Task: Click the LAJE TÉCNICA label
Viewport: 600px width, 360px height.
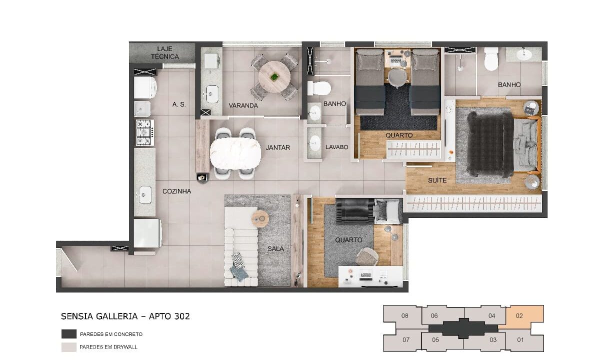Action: click(164, 53)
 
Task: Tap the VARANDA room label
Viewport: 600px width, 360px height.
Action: click(243, 105)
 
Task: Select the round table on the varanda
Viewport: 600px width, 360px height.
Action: click(274, 77)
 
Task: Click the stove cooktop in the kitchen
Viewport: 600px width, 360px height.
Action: click(145, 132)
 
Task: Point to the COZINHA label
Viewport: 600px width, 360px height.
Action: click(177, 191)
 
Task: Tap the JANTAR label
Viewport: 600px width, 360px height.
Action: click(278, 147)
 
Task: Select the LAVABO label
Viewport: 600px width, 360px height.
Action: click(336, 147)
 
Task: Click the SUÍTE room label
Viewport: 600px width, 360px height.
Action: click(437, 180)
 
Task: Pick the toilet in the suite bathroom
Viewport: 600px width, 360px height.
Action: click(491, 59)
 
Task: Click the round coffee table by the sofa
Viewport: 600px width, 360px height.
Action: click(260, 219)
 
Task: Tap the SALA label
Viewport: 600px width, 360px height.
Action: click(275, 249)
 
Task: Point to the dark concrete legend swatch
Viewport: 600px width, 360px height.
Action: click(69, 334)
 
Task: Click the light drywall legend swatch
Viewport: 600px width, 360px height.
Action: click(69, 347)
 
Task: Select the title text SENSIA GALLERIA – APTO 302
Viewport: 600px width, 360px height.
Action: click(125, 316)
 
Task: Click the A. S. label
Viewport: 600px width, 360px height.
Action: click(179, 104)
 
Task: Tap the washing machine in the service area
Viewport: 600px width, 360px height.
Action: click(145, 87)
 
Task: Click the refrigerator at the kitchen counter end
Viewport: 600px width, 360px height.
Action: click(147, 233)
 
